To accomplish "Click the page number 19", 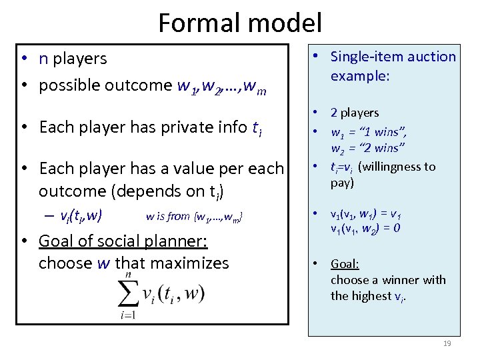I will pyautogui.click(x=447, y=343).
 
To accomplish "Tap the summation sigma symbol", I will pyautogui.click(x=129, y=293).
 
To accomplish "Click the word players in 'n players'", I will pyautogui.click(x=80, y=59).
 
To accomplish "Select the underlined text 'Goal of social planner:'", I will pyautogui.click(x=123, y=241).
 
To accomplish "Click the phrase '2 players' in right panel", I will pyautogui.click(x=355, y=113).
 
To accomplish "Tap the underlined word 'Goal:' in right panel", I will pyautogui.click(x=345, y=264).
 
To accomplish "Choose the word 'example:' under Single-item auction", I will pyautogui.click(x=360, y=77).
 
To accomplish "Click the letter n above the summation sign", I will pyautogui.click(x=128, y=275).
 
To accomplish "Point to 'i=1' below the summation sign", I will pyautogui.click(x=128, y=315).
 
